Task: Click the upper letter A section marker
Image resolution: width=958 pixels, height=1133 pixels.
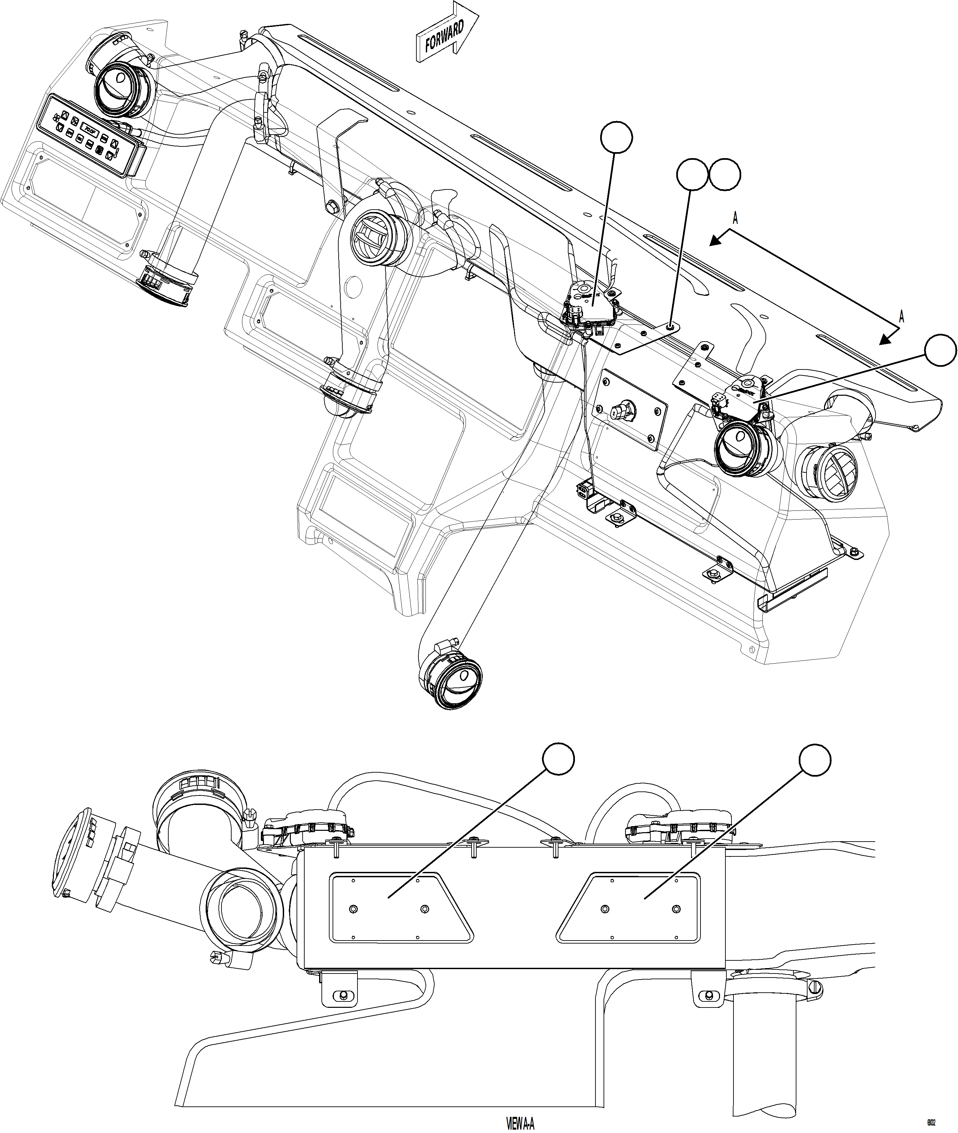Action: (x=735, y=218)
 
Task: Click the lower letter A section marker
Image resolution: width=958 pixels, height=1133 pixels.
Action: (x=901, y=317)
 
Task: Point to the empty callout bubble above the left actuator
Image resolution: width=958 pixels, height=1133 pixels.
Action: (x=616, y=138)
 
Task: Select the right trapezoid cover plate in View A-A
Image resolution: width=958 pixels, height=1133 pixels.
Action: (x=630, y=908)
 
